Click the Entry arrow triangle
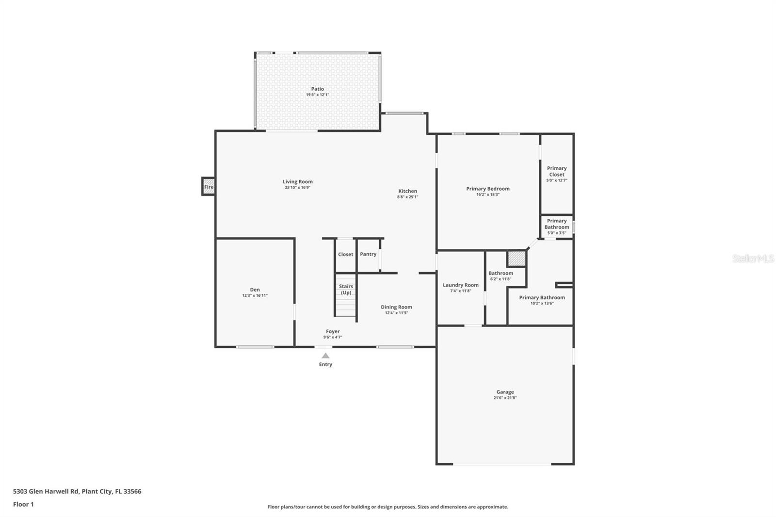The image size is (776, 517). (x=325, y=355)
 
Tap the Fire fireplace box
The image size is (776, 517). (x=209, y=186)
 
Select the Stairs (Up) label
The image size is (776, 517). (x=346, y=290)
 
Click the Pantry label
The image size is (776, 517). (x=368, y=254)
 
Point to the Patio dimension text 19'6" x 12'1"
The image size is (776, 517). (x=317, y=95)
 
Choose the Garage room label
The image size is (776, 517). (x=505, y=392)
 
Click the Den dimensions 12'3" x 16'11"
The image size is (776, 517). (x=255, y=295)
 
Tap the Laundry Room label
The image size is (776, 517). (x=460, y=285)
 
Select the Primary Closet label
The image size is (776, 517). (x=557, y=171)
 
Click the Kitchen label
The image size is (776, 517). (x=407, y=191)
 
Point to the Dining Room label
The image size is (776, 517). (x=396, y=307)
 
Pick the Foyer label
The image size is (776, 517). (x=333, y=331)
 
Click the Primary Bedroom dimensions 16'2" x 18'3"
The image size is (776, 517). (x=488, y=195)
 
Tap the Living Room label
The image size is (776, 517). (x=298, y=181)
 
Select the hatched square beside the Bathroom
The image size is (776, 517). (x=517, y=258)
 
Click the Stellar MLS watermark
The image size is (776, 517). (x=753, y=258)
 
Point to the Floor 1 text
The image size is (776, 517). (x=23, y=504)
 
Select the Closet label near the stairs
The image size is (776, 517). (x=345, y=254)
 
